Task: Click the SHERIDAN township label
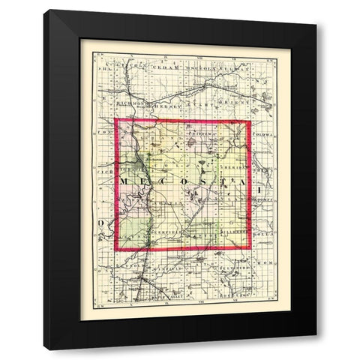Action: (229, 168)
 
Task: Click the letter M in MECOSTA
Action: (126, 181)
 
